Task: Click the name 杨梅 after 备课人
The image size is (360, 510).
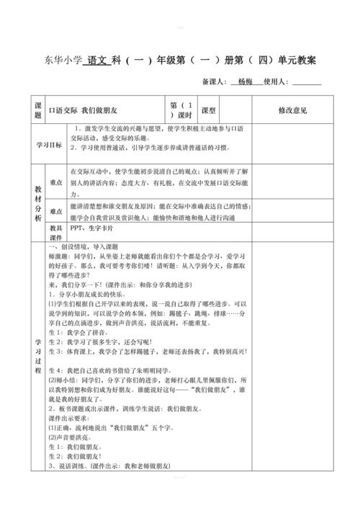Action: (x=247, y=82)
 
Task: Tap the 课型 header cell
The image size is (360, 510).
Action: (x=209, y=110)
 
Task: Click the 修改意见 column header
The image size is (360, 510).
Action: (x=292, y=110)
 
